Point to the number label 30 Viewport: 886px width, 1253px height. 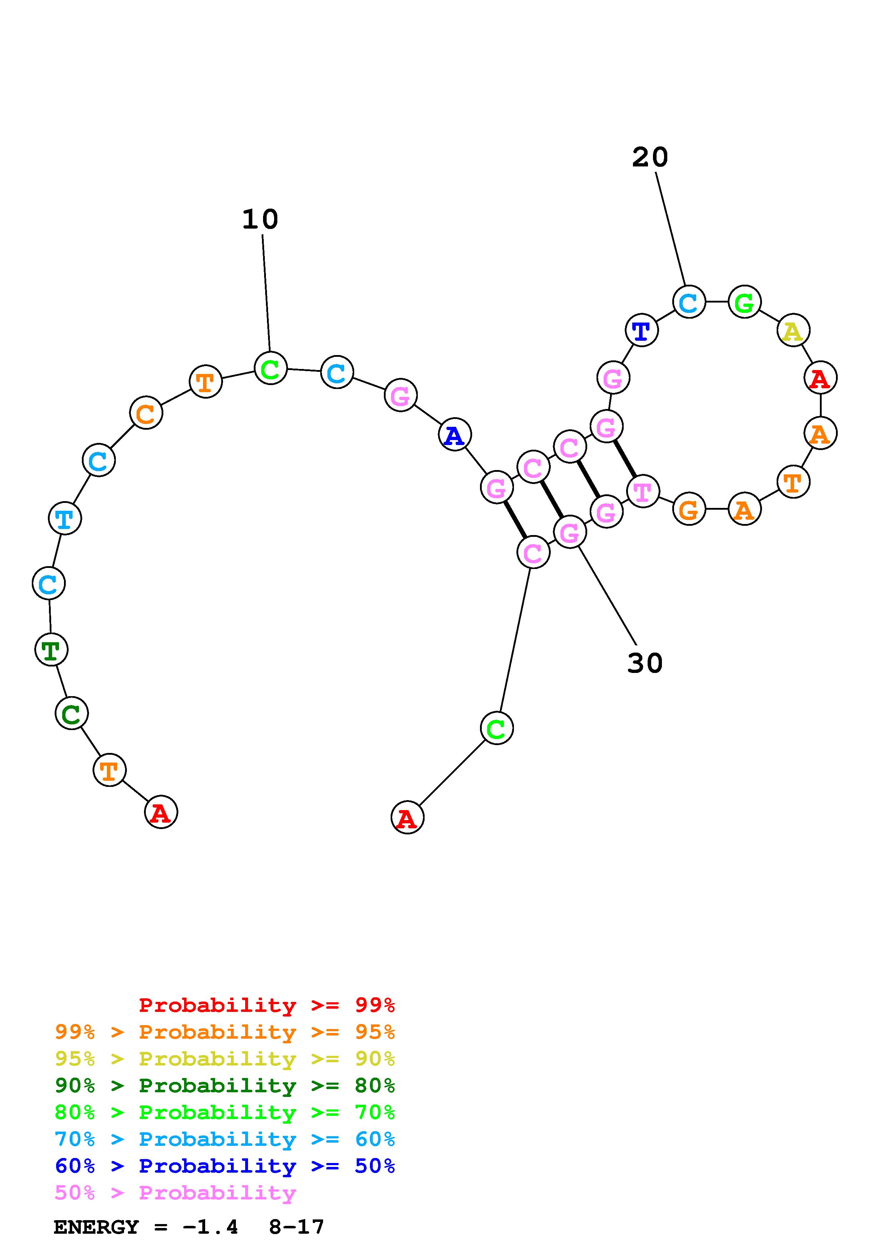[645, 663]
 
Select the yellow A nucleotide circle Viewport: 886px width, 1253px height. [793, 330]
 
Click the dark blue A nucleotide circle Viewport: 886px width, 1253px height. [454, 435]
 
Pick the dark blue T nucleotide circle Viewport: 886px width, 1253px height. [642, 330]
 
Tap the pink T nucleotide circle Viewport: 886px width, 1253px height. [643, 491]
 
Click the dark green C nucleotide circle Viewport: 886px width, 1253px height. [71, 713]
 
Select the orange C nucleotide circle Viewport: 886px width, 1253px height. [146, 413]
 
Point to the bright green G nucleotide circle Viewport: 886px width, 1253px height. [744, 301]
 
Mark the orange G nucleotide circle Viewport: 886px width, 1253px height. [689, 510]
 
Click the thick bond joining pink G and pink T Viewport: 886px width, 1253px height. [625, 458]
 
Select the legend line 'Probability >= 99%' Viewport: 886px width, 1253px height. [266, 1005]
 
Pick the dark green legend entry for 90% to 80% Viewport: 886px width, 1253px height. [224, 1085]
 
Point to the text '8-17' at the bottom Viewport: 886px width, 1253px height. [296, 1227]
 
